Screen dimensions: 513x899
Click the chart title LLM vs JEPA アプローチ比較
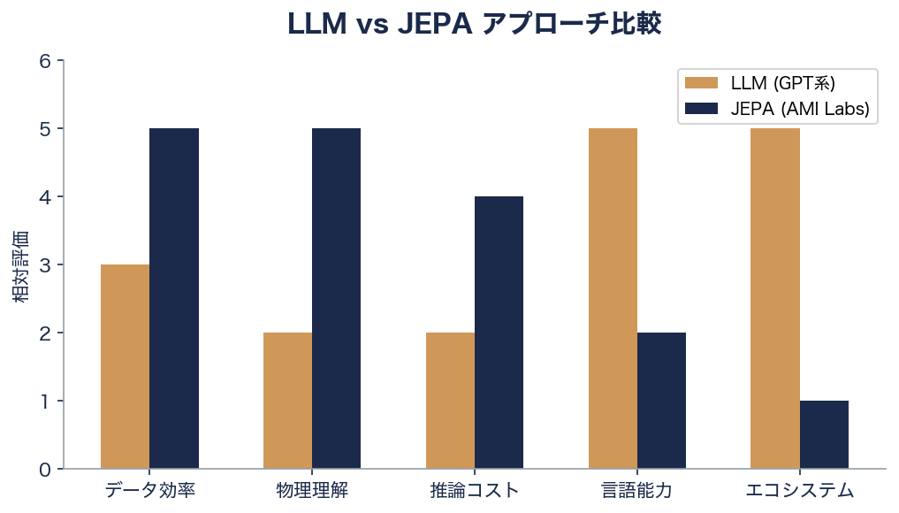pyautogui.click(x=474, y=24)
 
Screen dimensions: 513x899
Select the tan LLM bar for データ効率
pyautogui.click(x=125, y=366)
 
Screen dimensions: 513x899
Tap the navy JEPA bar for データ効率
pyautogui.click(x=174, y=298)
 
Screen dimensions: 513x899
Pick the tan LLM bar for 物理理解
pyautogui.click(x=287, y=401)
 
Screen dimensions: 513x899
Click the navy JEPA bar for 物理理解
pyautogui.click(x=336, y=298)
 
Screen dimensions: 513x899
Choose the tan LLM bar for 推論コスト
pyautogui.click(x=450, y=401)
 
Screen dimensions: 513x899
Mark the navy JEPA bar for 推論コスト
pyautogui.click(x=499, y=333)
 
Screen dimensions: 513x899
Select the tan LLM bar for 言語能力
pyautogui.click(x=613, y=298)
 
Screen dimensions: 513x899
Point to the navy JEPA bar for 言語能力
pyautogui.click(x=661, y=401)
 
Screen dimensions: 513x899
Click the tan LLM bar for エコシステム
pyautogui.click(x=774, y=298)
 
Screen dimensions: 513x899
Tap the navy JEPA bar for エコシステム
pyautogui.click(x=824, y=434)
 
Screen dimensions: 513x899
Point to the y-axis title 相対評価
pyautogui.click(x=21, y=265)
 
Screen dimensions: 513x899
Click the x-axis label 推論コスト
pyautogui.click(x=475, y=491)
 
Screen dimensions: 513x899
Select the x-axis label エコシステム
pyautogui.click(x=799, y=491)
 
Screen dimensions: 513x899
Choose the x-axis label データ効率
pyautogui.click(x=149, y=491)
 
